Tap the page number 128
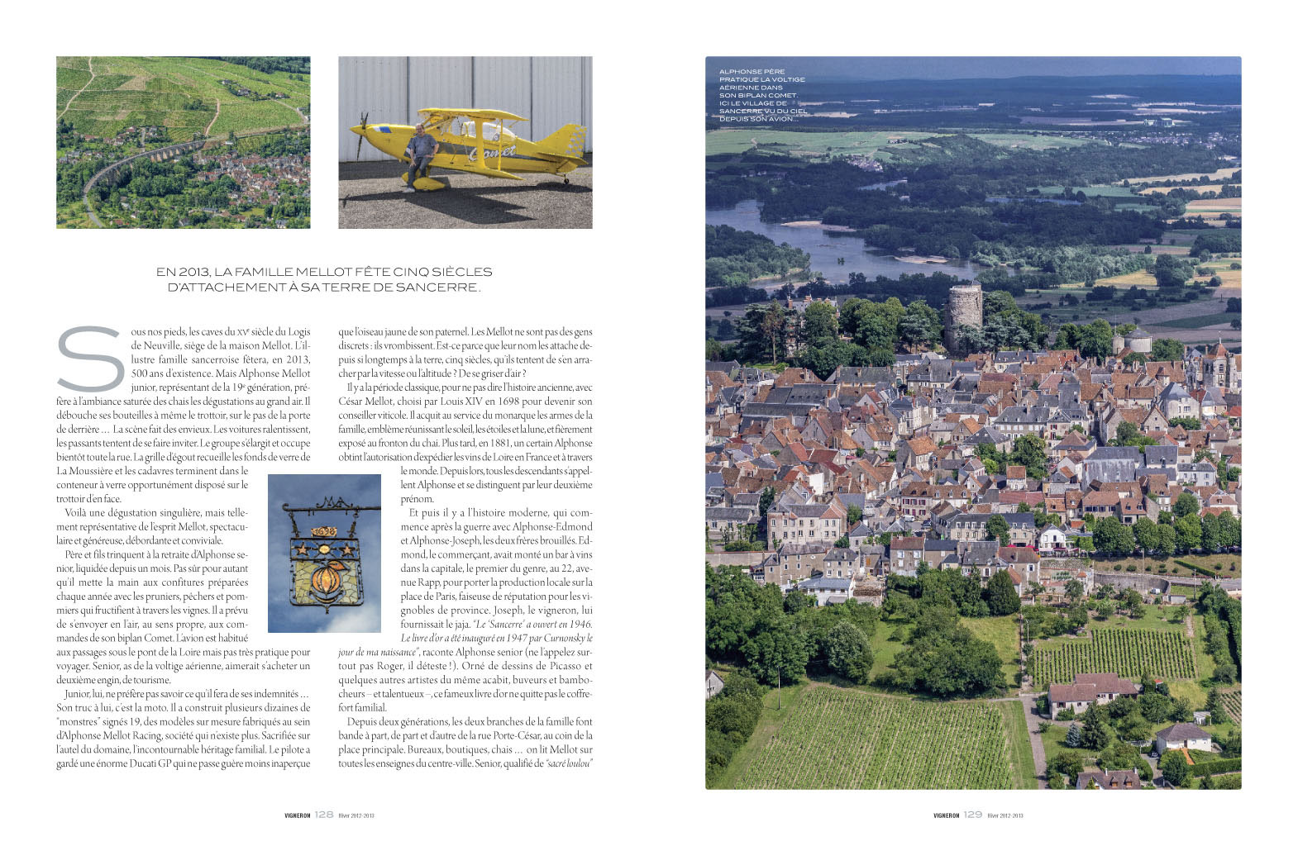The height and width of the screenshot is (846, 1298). (x=324, y=815)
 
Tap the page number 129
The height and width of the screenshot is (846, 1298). (x=973, y=815)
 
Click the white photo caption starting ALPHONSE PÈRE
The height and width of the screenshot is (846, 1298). (x=762, y=95)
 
